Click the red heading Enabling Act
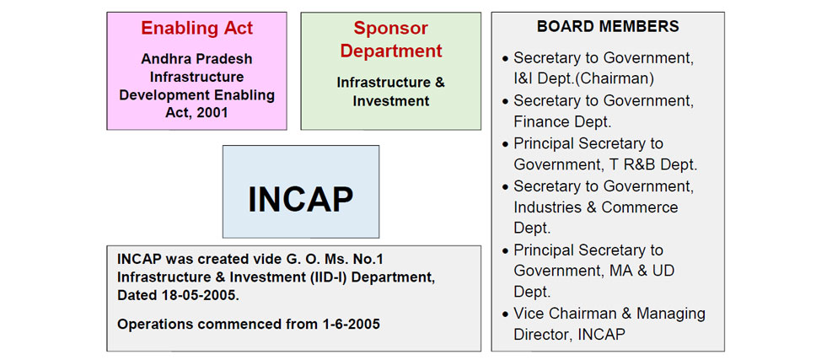click(x=196, y=28)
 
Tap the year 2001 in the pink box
click(x=212, y=113)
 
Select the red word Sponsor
click(x=390, y=28)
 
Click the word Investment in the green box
click(x=391, y=101)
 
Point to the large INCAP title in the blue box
click(x=301, y=199)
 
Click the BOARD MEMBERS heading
click(x=608, y=26)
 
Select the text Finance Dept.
click(x=562, y=121)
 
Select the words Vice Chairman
click(x=565, y=314)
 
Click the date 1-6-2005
click(x=349, y=324)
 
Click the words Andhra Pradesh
click(x=196, y=58)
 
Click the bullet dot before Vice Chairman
click(x=505, y=314)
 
